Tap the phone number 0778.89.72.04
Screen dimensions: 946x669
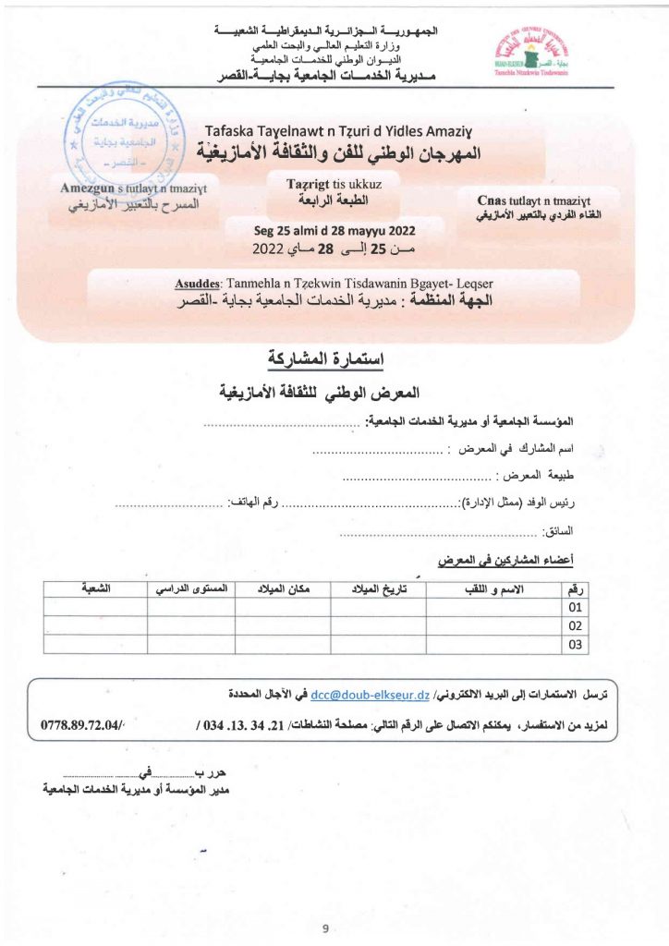(83, 725)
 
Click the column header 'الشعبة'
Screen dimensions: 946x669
(95, 588)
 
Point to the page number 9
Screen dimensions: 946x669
(326, 928)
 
